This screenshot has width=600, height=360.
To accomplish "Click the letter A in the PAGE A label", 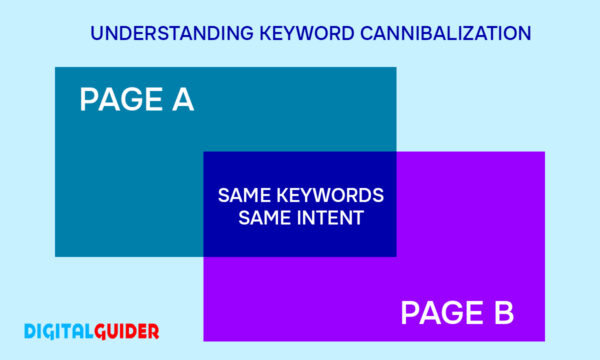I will (x=180, y=100).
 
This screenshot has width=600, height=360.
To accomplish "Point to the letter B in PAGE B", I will (x=501, y=313).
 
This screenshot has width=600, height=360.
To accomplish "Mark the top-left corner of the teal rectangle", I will (x=55, y=68).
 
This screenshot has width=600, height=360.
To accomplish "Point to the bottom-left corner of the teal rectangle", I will (x=55, y=257).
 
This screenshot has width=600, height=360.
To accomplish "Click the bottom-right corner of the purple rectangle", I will (x=545, y=341).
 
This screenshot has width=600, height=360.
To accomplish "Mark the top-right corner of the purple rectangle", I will (x=545, y=152).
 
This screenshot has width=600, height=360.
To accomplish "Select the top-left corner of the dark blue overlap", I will (x=204, y=152).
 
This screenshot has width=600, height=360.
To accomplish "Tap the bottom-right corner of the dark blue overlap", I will (x=396, y=257).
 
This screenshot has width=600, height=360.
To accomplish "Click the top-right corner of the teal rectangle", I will (x=396, y=68).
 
